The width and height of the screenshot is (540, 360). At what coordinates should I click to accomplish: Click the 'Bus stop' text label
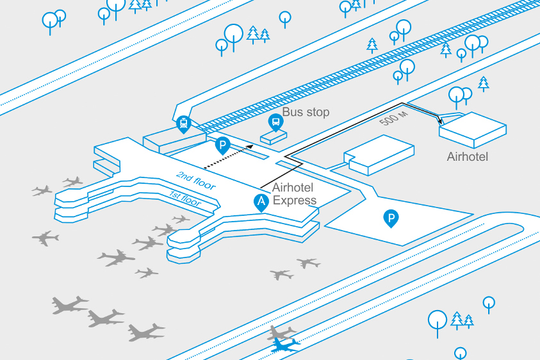click(306, 112)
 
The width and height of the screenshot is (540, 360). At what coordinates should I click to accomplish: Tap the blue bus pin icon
click(276, 122)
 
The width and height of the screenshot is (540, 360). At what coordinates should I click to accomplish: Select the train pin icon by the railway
click(184, 124)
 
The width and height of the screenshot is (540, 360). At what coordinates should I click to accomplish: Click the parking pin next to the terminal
click(222, 145)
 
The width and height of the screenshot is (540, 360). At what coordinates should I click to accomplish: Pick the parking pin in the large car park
click(391, 218)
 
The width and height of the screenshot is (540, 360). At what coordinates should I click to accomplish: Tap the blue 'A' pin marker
click(261, 202)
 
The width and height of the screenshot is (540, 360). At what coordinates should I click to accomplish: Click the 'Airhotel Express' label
click(295, 194)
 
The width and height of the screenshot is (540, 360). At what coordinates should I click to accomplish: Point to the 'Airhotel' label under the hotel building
click(468, 157)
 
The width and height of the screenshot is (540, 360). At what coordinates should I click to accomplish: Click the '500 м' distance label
click(394, 119)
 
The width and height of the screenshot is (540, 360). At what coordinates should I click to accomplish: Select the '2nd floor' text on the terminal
click(196, 181)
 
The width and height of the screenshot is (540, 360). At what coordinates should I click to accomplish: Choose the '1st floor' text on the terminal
click(184, 199)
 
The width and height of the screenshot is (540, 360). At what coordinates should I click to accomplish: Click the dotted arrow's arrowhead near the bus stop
click(250, 147)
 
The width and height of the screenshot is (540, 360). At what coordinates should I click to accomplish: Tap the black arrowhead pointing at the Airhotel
click(440, 121)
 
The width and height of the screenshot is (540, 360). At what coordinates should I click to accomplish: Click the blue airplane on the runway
click(285, 345)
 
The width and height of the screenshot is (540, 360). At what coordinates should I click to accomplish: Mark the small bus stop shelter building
click(274, 138)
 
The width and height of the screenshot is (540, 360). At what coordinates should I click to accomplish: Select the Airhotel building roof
click(473, 126)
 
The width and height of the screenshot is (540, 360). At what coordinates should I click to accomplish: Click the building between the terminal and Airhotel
click(379, 155)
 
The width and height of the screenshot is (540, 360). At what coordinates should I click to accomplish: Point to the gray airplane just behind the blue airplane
click(281, 332)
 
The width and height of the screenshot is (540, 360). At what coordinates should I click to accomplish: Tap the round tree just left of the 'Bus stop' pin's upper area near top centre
click(234, 37)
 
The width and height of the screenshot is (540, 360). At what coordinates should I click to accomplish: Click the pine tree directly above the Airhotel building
click(484, 84)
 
